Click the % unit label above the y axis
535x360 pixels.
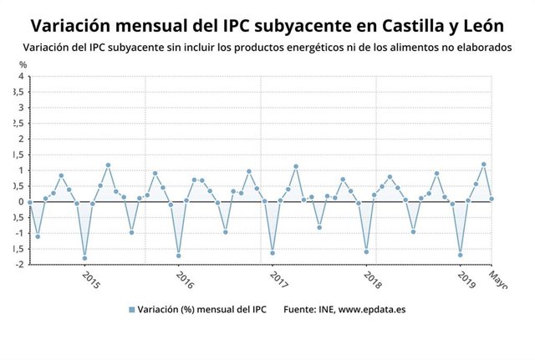(x=23, y=64)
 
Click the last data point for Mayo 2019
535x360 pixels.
(x=492, y=199)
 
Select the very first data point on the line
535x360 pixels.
(x=30, y=201)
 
